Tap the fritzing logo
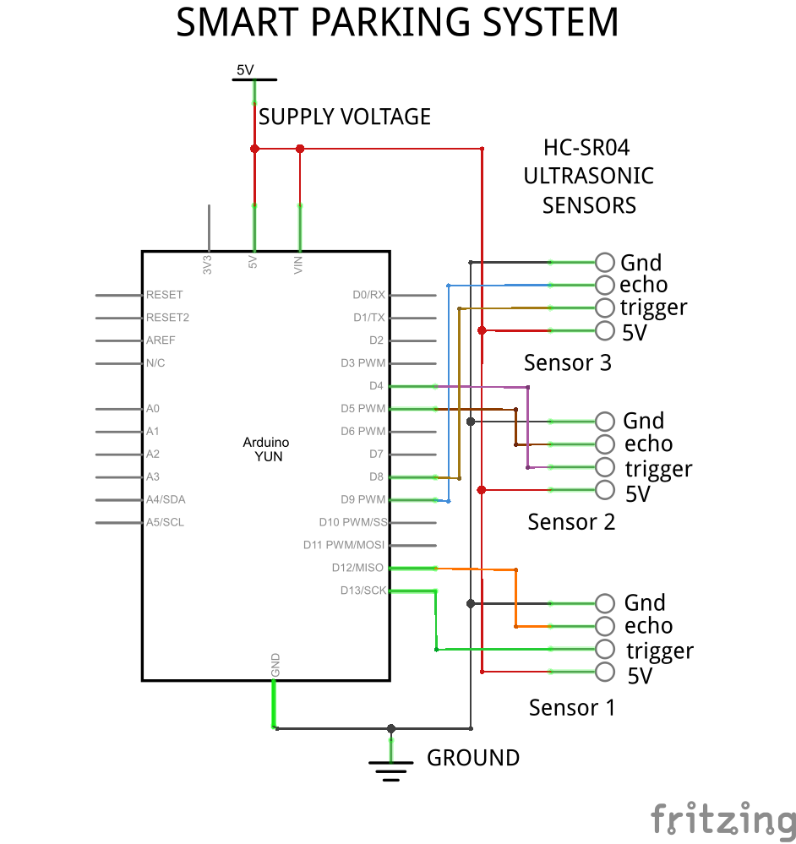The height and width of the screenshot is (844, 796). (722, 818)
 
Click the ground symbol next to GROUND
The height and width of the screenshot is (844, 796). (390, 767)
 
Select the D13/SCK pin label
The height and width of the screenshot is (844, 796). (363, 591)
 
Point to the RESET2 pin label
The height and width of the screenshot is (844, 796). (167, 318)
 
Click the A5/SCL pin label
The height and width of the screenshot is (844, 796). (165, 522)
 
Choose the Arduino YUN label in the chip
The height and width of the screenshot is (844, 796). (266, 449)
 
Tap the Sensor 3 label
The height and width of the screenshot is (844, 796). (568, 362)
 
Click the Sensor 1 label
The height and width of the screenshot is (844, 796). (572, 707)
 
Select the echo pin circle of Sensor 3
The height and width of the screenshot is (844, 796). (604, 285)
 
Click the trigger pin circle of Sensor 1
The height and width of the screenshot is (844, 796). (604, 649)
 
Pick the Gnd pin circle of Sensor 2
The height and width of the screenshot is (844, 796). (604, 421)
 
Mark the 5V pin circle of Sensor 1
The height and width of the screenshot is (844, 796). (604, 672)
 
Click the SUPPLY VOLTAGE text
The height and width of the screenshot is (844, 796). (345, 117)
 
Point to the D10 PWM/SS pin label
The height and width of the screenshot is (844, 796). (353, 522)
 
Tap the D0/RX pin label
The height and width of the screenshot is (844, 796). (368, 295)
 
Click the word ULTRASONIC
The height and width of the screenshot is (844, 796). (588, 176)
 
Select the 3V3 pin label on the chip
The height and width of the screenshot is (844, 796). (208, 264)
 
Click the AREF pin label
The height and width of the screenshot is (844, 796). (161, 340)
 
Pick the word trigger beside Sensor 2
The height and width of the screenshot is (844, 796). (658, 469)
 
